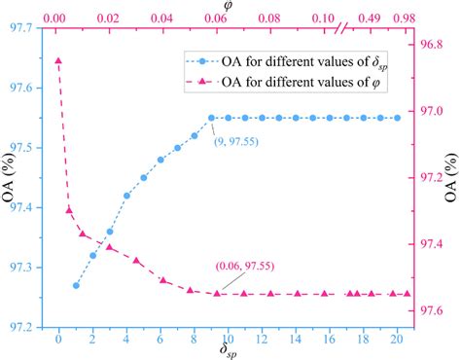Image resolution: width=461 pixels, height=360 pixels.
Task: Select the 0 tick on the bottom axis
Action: click(x=58, y=340)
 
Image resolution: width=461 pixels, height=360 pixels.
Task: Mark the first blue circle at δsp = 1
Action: click(x=76, y=285)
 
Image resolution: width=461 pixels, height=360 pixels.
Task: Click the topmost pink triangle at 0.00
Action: click(x=58, y=60)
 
